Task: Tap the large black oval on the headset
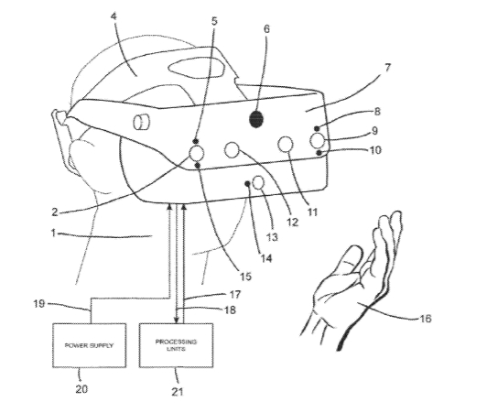coord(256,119)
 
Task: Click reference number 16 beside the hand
coord(425,318)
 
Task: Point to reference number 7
coord(387,68)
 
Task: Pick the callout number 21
coord(177,392)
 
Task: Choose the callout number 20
coord(81,388)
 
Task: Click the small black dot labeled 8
coord(317,128)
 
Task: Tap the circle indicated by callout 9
coord(318,140)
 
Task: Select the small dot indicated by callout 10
coord(319,153)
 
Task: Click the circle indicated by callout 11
coord(285,144)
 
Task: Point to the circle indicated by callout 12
coord(232,150)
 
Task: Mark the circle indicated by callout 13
coord(258,182)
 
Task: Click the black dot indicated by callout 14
coord(247,184)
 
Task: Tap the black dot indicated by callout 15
coord(197,166)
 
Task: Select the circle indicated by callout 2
coord(196,153)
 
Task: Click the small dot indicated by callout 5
coord(196,141)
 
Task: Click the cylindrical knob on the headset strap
coord(141,122)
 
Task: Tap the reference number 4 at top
coord(114,16)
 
